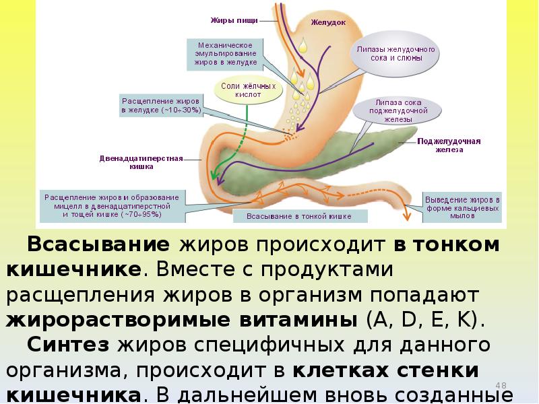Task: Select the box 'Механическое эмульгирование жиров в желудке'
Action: click(225, 54)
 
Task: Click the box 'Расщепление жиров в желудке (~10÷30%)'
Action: click(160, 105)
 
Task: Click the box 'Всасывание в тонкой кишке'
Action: click(300, 217)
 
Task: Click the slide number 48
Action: click(500, 385)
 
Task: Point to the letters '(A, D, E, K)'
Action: click(424, 320)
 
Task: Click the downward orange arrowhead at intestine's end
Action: click(407, 216)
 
